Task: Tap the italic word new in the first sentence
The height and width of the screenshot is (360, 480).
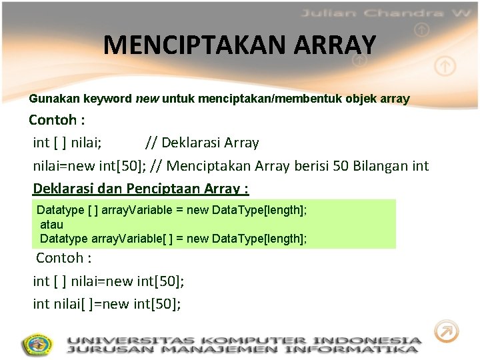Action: pos(147,99)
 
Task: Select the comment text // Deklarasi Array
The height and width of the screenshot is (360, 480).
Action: pos(202,143)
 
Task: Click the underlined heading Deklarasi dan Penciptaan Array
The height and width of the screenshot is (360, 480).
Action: pos(141,189)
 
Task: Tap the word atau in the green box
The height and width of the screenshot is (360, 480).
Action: pos(51,225)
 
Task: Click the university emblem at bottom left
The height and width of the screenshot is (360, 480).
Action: pos(37,345)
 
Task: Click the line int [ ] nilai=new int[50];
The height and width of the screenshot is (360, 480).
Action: pos(109,281)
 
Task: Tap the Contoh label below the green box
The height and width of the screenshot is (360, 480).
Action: pos(63,258)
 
